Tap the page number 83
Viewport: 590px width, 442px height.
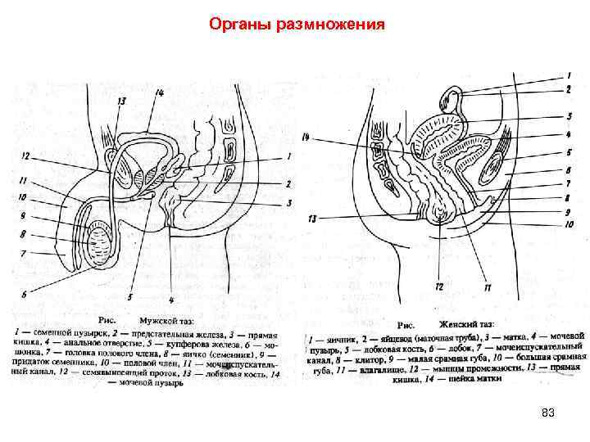548,413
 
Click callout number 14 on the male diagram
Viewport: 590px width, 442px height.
158,93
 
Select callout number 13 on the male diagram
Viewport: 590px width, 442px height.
121,101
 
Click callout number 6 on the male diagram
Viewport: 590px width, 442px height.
25,292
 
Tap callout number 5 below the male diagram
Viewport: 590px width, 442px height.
129,296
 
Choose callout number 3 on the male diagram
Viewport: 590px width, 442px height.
289,202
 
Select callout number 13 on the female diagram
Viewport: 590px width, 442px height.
311,219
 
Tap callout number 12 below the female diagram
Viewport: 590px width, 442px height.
439,286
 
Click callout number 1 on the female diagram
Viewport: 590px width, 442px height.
568,75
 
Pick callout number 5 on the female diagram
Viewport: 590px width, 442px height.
568,152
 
